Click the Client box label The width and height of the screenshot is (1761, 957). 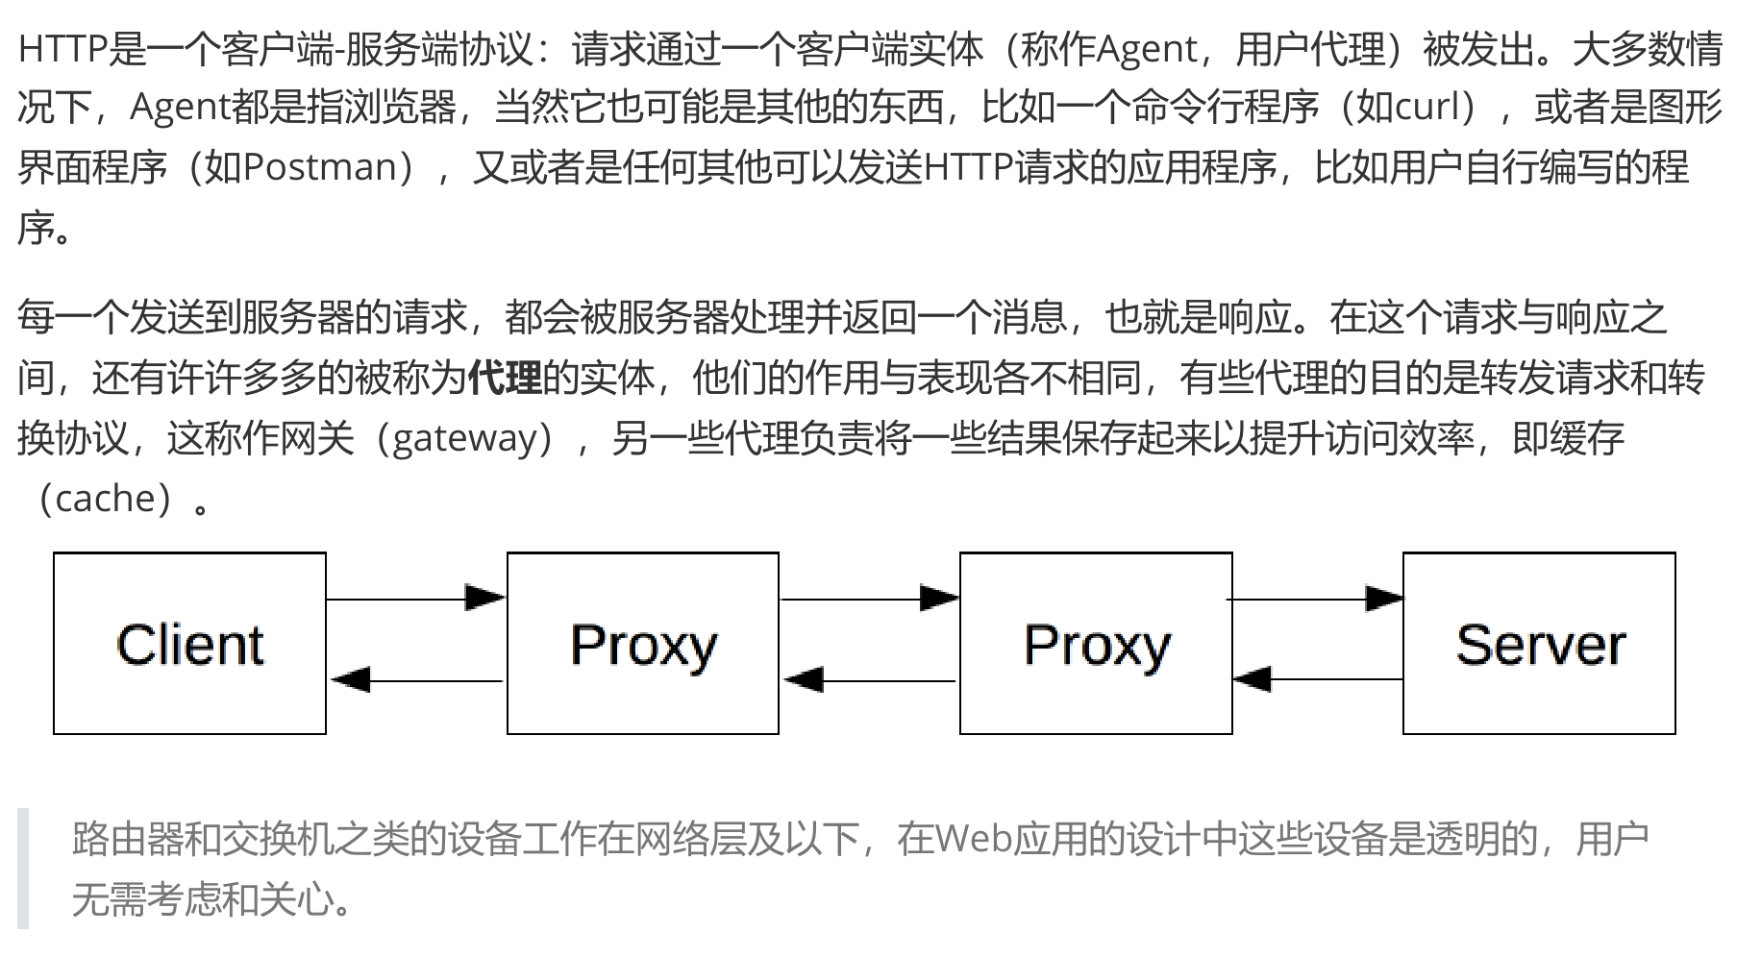(189, 645)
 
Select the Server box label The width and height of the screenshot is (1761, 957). (1540, 645)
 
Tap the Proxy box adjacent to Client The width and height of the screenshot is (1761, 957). (643, 645)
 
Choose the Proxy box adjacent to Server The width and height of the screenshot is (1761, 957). (1097, 645)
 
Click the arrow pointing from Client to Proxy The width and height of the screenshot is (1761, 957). (415, 599)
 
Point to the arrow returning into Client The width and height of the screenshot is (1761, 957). (415, 680)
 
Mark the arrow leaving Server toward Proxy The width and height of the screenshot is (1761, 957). (1317, 679)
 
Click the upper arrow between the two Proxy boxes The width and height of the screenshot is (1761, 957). (869, 599)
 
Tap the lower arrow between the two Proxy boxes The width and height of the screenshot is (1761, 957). (869, 680)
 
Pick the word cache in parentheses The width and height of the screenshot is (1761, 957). (105, 499)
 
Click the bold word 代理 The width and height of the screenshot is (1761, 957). (505, 379)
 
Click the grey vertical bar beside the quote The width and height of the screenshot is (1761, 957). (23, 869)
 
